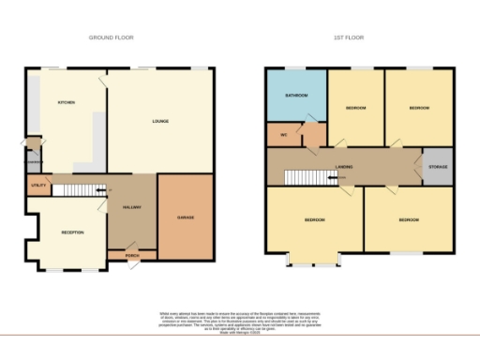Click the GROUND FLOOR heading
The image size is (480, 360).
coord(112,38)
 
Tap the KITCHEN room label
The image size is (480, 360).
coord(67,102)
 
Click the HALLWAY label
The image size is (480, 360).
coord(132,208)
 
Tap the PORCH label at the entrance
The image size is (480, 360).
coord(132,253)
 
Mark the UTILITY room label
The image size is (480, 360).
coord(38,187)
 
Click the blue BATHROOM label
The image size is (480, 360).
coord(297,95)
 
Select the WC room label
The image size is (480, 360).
coord(283,134)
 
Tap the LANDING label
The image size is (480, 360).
coord(344,166)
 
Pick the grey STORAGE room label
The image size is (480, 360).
coord(438,166)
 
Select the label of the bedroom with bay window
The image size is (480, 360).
coord(314,220)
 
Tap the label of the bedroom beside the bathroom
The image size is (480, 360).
coord(355,108)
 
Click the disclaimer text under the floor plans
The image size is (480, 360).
coord(240,320)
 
